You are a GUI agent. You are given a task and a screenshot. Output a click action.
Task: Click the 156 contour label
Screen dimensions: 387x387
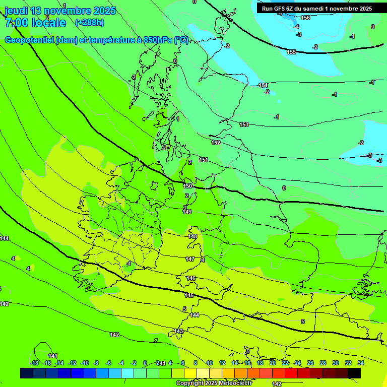click(x=305, y=18)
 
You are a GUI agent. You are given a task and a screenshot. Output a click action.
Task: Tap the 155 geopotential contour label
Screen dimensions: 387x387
click(x=291, y=52)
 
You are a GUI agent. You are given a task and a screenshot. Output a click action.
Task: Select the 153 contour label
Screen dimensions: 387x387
click(x=244, y=124)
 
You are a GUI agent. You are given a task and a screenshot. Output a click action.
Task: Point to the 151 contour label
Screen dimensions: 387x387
click(x=204, y=160)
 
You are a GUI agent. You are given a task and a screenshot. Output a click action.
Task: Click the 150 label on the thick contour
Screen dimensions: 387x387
click(x=187, y=186)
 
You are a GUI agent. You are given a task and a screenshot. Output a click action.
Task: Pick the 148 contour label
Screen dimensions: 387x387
click(x=192, y=236)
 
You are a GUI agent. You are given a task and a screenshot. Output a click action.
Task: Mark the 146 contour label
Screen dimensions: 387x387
click(x=191, y=278)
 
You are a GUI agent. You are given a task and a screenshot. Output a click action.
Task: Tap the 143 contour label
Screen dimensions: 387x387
click(x=178, y=331)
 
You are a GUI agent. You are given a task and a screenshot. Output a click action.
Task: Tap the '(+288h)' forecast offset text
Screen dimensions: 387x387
click(x=89, y=22)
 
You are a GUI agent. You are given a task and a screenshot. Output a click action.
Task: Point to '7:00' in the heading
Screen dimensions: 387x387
click(x=16, y=23)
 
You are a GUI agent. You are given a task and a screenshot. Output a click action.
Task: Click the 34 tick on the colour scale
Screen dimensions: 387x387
click(x=360, y=363)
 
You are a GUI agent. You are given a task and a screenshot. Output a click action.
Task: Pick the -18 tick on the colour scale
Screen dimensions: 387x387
click(x=34, y=363)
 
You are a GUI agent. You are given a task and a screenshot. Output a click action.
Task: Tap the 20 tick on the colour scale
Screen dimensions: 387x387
click(x=272, y=363)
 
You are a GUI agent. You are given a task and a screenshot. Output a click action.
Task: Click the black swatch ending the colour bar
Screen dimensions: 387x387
click(x=354, y=373)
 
